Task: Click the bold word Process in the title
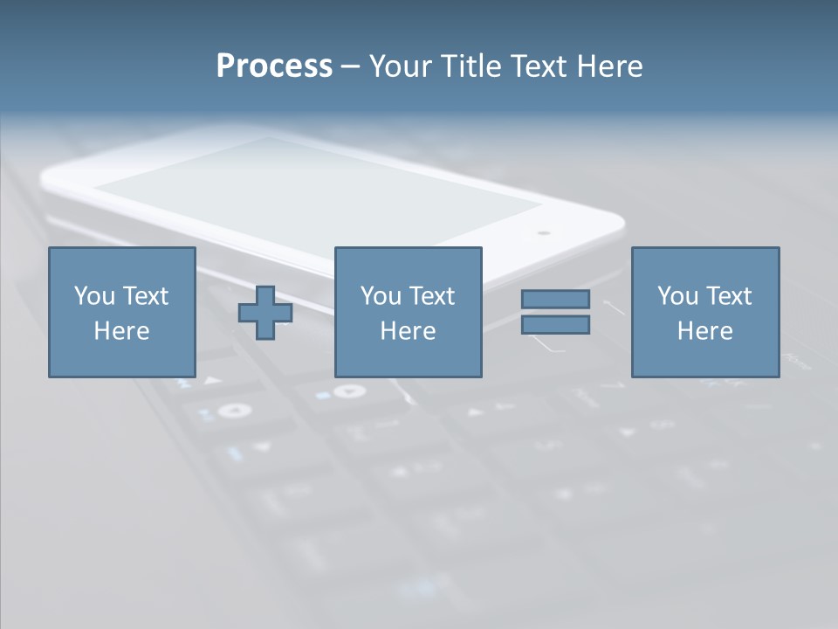point(274,66)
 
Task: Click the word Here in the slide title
point(610,66)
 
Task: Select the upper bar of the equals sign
point(555,299)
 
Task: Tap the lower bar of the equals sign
point(555,325)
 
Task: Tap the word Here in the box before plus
point(121,331)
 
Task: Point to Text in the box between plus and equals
point(432,296)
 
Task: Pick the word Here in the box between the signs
point(408,331)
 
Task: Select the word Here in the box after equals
point(705,331)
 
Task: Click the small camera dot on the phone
point(544,233)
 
